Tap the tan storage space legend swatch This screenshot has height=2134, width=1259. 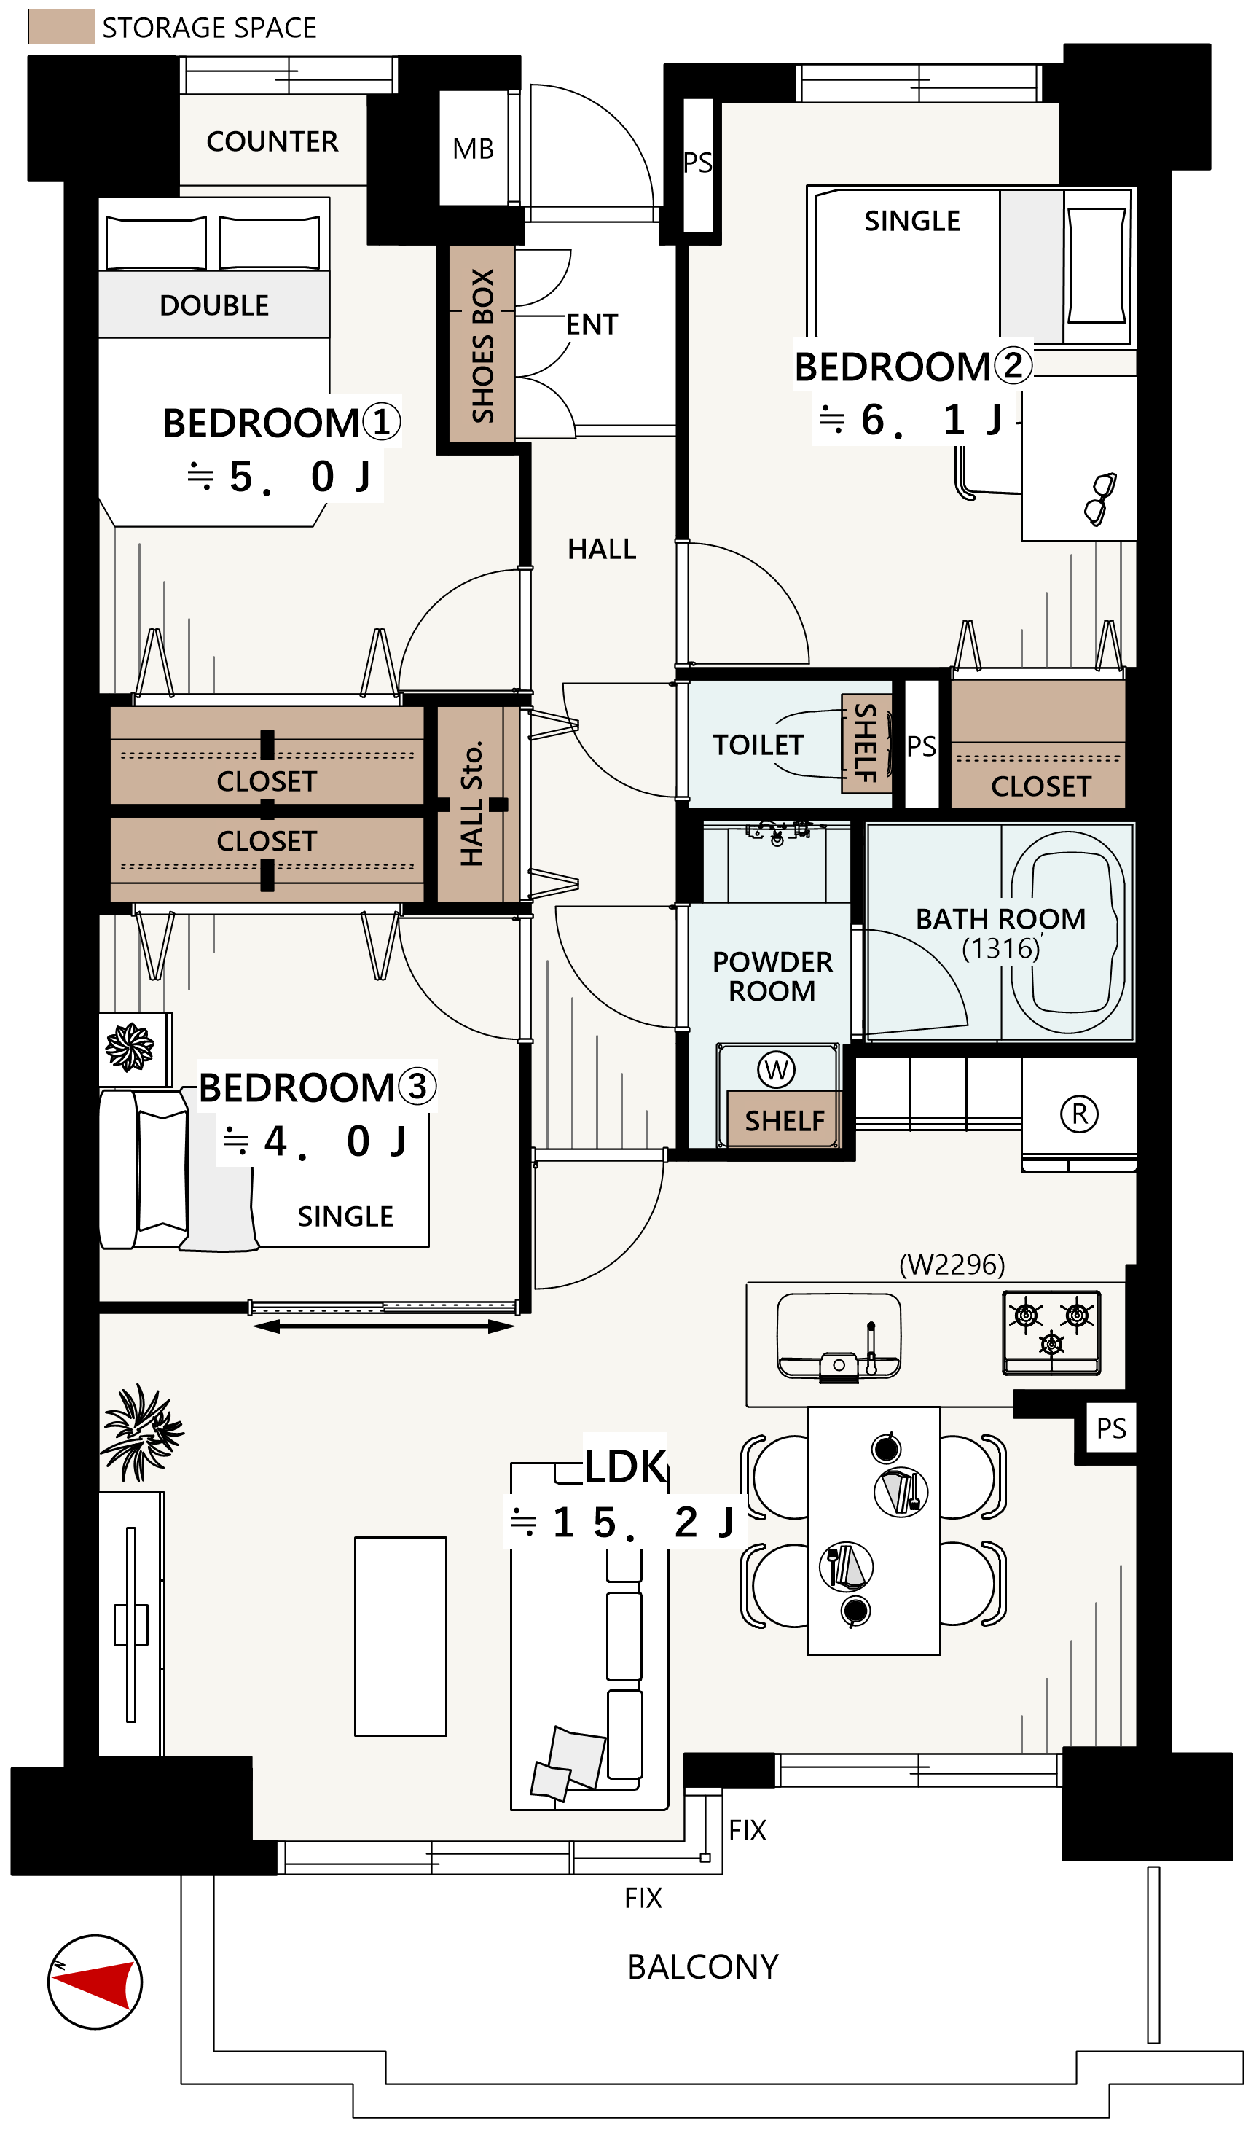[62, 26]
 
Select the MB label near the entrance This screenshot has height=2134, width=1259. [474, 149]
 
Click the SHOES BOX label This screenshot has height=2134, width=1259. [483, 345]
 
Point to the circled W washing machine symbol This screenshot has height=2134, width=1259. [776, 1070]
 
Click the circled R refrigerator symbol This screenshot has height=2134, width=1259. [1080, 1114]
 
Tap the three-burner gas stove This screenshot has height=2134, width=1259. [1052, 1332]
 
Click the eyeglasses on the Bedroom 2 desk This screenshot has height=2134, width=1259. [1100, 499]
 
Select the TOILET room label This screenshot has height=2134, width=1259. [758, 745]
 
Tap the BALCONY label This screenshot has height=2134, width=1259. [703, 1967]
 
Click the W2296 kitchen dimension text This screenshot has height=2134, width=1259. [952, 1265]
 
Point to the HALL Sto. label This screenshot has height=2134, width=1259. [471, 804]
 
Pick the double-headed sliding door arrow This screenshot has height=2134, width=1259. [383, 1327]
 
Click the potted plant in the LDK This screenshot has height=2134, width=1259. [141, 1432]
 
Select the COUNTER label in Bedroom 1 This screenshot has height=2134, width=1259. [272, 141]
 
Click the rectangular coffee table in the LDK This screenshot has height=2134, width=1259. [401, 1637]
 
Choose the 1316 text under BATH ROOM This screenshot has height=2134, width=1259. [1001, 949]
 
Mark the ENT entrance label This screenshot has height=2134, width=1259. [592, 325]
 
